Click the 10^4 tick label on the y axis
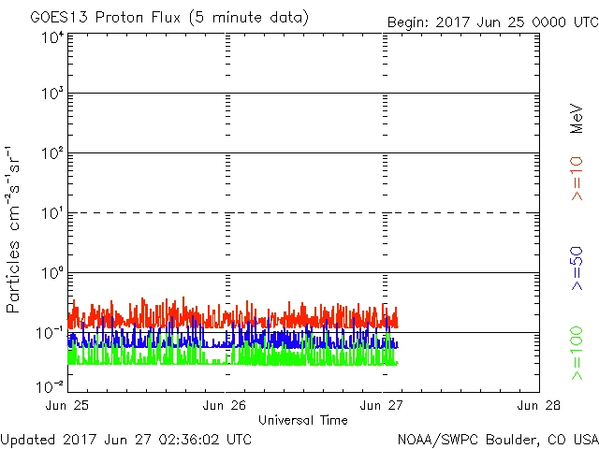click(52, 37)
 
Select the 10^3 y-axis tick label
click(52, 95)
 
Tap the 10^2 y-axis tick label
click(52, 154)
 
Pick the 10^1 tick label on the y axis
click(52, 214)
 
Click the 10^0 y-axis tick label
click(52, 274)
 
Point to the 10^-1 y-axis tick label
click(51, 334)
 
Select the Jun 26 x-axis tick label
click(225, 405)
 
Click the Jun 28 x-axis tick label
click(538, 405)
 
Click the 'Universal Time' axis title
click(303, 420)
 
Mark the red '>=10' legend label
click(577, 179)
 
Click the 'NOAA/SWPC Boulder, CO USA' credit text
click(497, 438)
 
